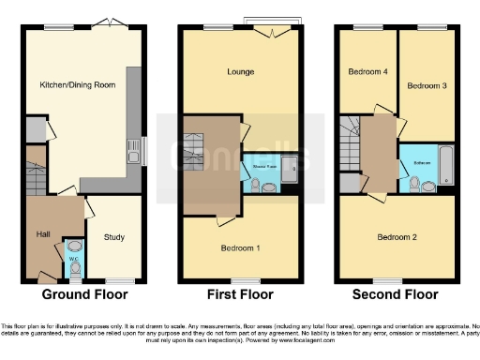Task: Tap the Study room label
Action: click(x=114, y=237)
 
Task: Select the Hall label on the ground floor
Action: click(x=43, y=234)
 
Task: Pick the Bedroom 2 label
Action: click(x=397, y=237)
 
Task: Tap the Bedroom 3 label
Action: click(x=422, y=85)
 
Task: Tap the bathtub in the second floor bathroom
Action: click(x=445, y=165)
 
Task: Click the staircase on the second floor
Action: click(x=352, y=141)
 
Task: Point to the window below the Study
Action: click(x=118, y=280)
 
